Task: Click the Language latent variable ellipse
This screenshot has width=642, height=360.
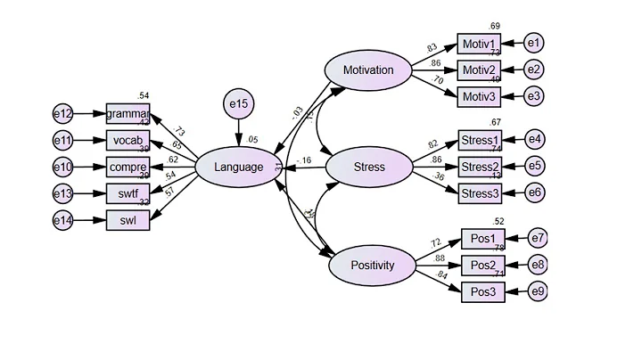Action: click(238, 167)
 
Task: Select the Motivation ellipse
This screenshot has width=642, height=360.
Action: click(366, 69)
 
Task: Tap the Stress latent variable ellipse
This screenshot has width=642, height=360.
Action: click(367, 167)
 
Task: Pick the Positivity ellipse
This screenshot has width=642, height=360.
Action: click(373, 266)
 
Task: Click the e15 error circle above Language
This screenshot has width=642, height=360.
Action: click(239, 105)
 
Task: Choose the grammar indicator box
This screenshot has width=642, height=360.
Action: click(128, 114)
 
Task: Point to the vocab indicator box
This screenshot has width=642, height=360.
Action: click(128, 140)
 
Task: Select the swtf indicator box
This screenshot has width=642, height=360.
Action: click(128, 192)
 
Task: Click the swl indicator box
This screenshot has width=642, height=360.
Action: click(128, 219)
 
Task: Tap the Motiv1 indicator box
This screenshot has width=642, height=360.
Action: click(480, 43)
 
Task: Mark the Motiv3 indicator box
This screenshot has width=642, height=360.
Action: click(480, 95)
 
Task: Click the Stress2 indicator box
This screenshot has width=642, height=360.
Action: click(480, 166)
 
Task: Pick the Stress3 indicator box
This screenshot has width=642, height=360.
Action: click(480, 192)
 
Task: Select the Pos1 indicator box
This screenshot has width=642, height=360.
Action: click(482, 239)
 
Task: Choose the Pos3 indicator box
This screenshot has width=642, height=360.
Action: click(482, 291)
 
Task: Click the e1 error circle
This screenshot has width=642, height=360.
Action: click(533, 43)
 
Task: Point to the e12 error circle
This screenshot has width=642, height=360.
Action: click(62, 114)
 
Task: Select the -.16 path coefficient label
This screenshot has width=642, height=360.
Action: click(305, 160)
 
